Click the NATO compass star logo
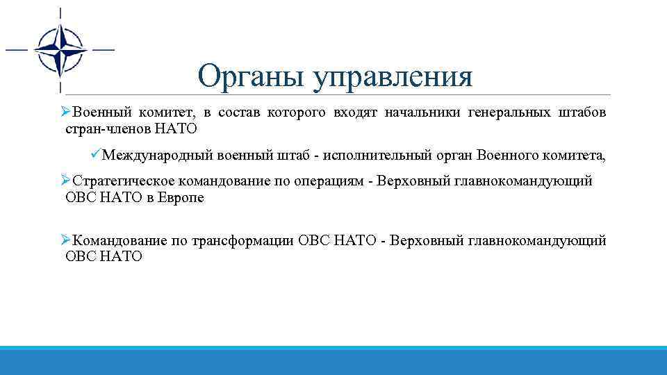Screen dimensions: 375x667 60,50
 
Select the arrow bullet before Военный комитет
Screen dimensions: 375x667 65,112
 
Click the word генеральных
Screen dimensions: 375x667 507,112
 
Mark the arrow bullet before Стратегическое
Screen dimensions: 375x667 65,181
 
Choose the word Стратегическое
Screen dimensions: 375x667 124,181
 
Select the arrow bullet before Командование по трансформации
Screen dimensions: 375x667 65,240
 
